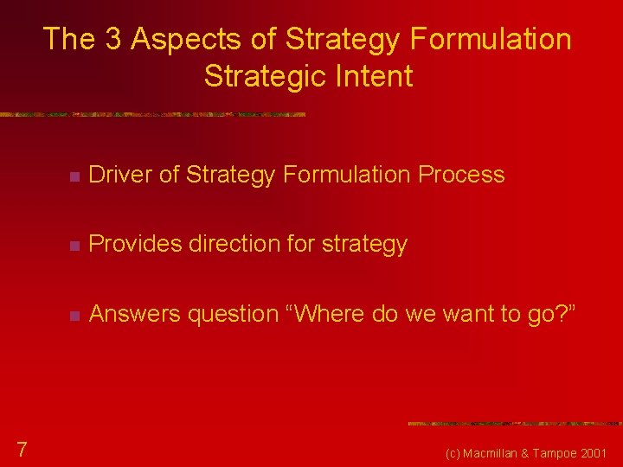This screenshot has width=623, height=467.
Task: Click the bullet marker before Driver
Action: pyautogui.click(x=75, y=176)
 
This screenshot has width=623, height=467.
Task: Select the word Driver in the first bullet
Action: pyautogui.click(x=120, y=175)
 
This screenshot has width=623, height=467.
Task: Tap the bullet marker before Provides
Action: pyautogui.click(x=75, y=246)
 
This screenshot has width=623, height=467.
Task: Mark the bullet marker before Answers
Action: pyautogui.click(x=75, y=316)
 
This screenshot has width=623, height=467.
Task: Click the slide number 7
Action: pyautogui.click(x=22, y=448)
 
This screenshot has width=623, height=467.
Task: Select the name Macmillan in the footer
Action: pyautogui.click(x=497, y=453)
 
